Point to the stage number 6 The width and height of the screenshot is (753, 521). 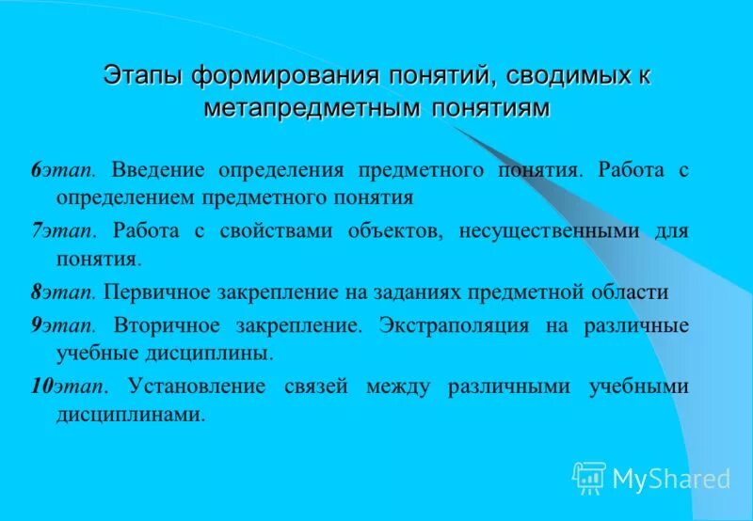point(35,170)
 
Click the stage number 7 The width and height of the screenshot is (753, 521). point(35,230)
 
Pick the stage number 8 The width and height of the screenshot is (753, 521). point(35,292)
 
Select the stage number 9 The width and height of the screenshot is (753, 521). point(35,325)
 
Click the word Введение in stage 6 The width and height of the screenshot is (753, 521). point(156,170)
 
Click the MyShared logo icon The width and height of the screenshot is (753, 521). point(588,478)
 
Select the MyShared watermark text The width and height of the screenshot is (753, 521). point(671,479)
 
